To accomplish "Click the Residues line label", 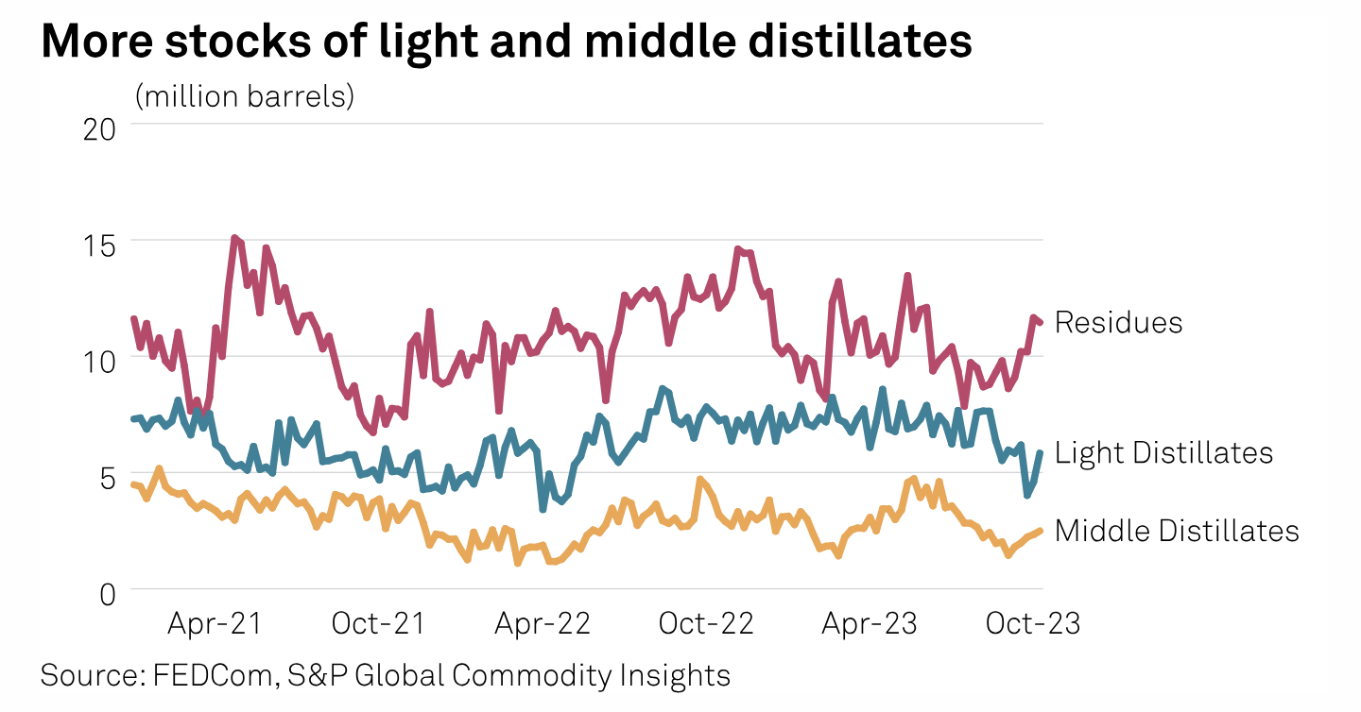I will click(x=1118, y=323).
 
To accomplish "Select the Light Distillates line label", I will click(x=1163, y=453).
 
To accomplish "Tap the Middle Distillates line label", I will click(x=1177, y=531).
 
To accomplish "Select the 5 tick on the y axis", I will click(x=105, y=475).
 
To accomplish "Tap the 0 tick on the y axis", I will click(x=105, y=592).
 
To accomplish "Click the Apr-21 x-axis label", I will click(x=215, y=624).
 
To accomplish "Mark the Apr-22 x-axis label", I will click(x=544, y=624).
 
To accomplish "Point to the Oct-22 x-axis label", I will click(x=707, y=624).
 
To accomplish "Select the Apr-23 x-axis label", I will click(x=870, y=624).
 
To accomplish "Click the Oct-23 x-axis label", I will click(x=1032, y=624).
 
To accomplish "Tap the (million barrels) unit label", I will click(x=245, y=96).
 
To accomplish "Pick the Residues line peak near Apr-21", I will click(x=234, y=238).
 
